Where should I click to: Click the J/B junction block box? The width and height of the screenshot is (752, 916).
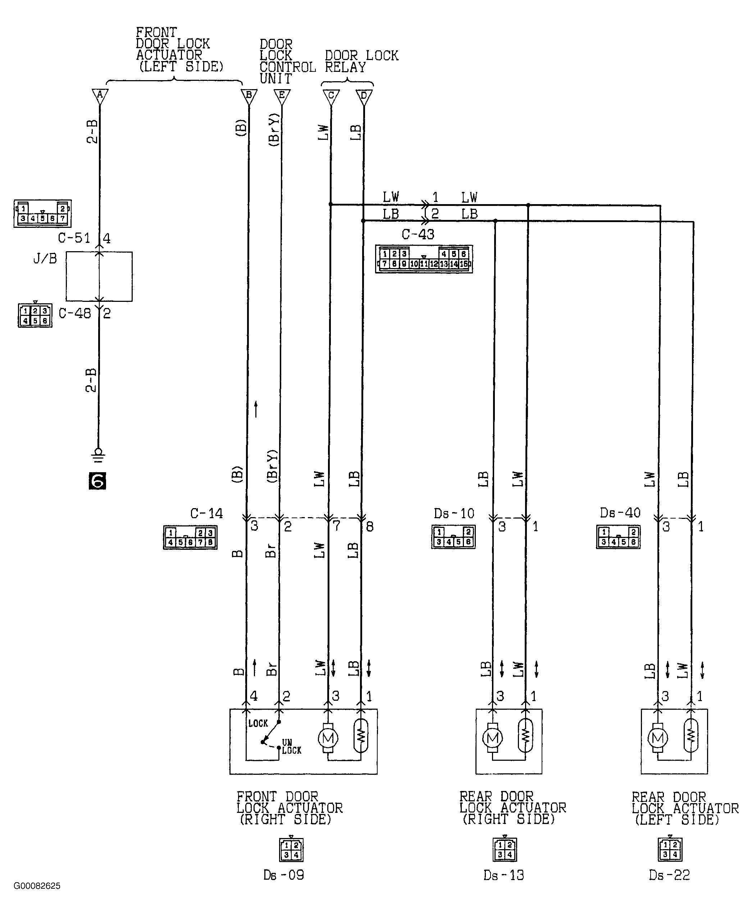pyautogui.click(x=99, y=276)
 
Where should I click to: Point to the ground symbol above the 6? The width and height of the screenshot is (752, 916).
pyautogui.click(x=99, y=454)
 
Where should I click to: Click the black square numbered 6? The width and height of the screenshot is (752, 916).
pyautogui.click(x=97, y=480)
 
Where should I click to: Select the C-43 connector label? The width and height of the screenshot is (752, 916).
pyautogui.click(x=418, y=234)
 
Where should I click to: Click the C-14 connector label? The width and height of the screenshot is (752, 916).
pyautogui.click(x=207, y=514)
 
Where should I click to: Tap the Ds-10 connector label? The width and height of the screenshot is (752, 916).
pyautogui.click(x=454, y=514)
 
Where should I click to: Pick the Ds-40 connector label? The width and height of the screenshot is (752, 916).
pyautogui.click(x=620, y=512)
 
